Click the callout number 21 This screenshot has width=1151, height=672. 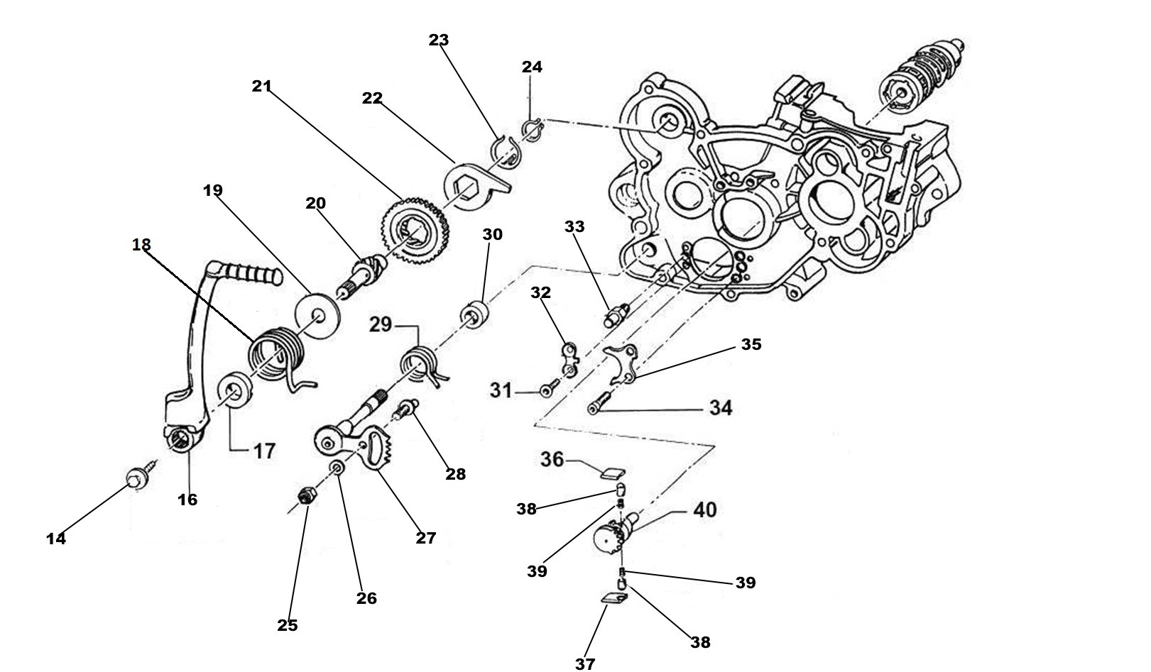tap(261, 86)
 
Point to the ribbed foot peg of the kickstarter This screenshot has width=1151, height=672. tap(248, 273)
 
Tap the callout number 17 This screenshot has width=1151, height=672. tap(264, 451)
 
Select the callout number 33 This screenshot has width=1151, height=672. tap(574, 226)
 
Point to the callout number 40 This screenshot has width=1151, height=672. tap(704, 509)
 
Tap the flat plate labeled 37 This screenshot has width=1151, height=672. tap(613, 600)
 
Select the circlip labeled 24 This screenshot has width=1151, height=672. tap(532, 128)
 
